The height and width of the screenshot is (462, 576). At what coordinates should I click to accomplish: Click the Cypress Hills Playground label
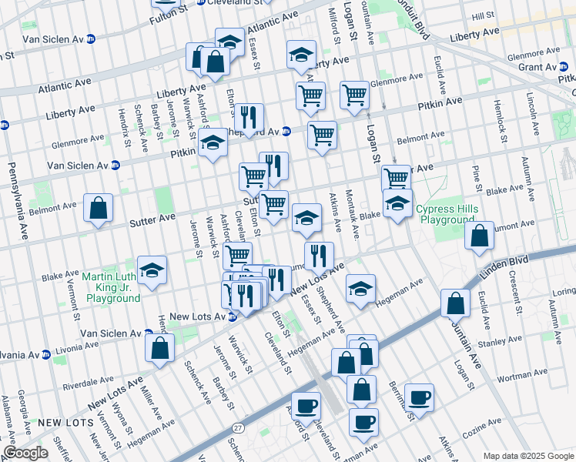447,214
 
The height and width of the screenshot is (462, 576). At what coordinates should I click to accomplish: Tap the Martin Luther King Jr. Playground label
114,287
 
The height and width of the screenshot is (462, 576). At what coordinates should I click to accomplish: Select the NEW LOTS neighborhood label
60,422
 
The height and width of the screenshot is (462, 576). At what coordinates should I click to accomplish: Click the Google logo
25,453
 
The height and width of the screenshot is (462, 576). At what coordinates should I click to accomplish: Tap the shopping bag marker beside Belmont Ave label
99,208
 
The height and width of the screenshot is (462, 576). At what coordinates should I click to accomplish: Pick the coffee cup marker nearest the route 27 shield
306,407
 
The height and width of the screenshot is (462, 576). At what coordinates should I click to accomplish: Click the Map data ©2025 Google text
527,456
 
